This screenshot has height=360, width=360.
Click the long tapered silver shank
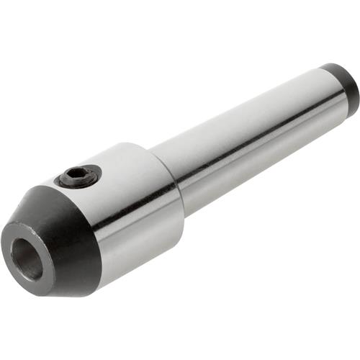tap(245, 137)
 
